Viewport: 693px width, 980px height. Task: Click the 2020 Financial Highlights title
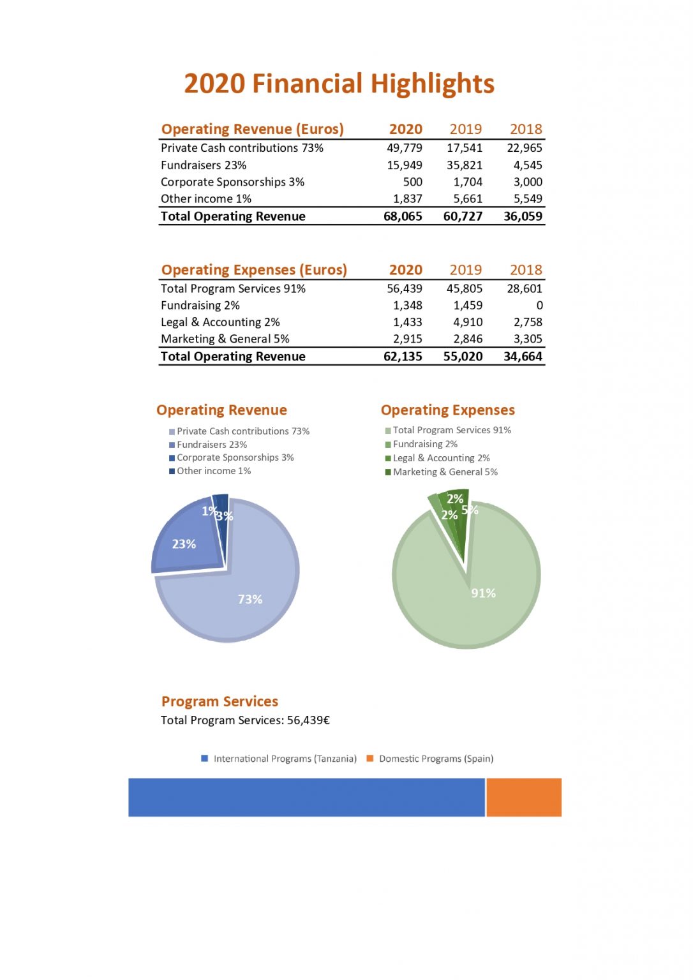pos(339,84)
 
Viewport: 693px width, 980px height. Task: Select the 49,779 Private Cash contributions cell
pos(404,148)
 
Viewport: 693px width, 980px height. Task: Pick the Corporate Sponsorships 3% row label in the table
pos(232,182)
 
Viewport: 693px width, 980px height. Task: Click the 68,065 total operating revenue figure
pos(402,216)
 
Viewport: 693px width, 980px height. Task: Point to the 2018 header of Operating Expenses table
pos(525,270)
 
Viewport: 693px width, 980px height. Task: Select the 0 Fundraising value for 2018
pos(539,306)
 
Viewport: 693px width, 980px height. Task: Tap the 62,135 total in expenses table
pos(402,357)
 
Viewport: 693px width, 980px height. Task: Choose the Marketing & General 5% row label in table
pos(225,339)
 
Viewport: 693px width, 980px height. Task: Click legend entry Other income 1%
pos(213,471)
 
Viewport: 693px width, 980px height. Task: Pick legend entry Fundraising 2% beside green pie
pos(424,444)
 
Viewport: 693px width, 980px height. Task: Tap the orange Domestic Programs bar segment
pos(524,797)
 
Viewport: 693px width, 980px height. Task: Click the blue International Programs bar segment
pos(306,797)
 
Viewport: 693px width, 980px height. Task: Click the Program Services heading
pos(220,701)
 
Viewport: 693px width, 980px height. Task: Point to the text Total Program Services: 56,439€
pos(245,720)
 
